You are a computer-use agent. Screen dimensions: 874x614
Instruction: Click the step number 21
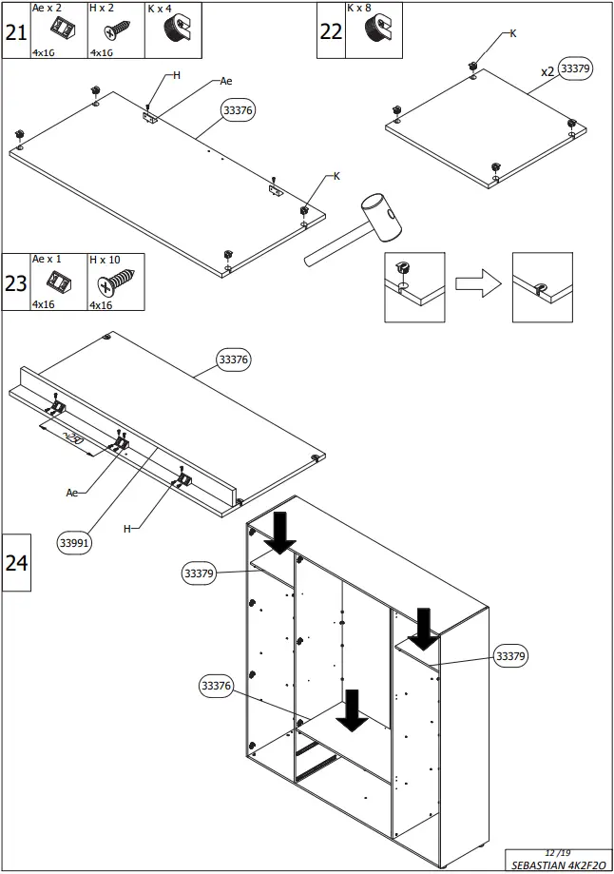point(15,31)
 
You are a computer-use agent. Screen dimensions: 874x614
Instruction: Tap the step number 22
point(330,31)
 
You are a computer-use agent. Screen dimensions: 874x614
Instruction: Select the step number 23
point(15,282)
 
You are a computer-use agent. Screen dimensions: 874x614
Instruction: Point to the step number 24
point(16,562)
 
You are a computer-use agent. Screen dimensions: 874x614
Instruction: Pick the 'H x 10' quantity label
point(105,260)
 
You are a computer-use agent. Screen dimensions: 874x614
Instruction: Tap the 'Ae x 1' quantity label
point(47,260)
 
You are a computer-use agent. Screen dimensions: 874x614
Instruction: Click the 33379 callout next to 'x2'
point(576,68)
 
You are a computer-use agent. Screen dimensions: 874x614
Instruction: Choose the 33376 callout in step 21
point(238,111)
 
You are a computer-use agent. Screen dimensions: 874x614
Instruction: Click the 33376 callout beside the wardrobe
point(216,685)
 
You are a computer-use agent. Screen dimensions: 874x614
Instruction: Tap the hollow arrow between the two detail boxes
point(477,284)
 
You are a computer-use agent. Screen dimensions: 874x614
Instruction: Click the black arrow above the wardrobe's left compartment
point(281,533)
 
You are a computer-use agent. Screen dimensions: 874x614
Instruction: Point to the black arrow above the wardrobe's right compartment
point(424,630)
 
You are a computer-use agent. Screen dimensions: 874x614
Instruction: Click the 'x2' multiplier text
point(547,71)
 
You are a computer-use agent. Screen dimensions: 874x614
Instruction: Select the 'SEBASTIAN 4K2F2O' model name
point(554,865)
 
